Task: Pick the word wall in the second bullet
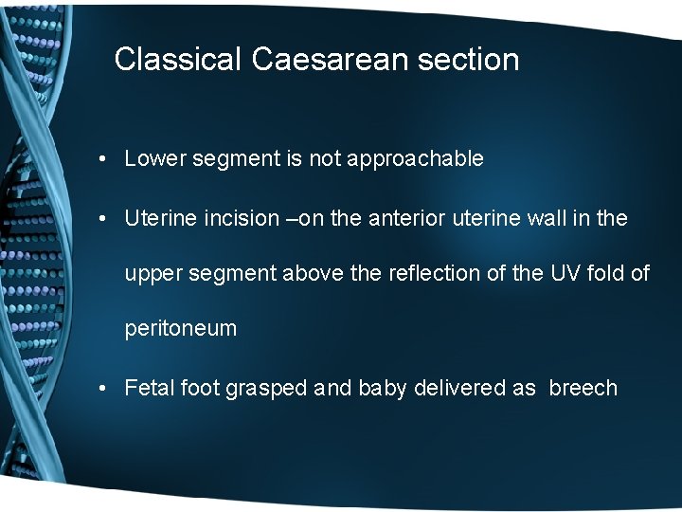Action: tap(541, 219)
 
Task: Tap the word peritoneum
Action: tap(181, 330)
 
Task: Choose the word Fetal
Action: tap(149, 389)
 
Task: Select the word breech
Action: tap(583, 389)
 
